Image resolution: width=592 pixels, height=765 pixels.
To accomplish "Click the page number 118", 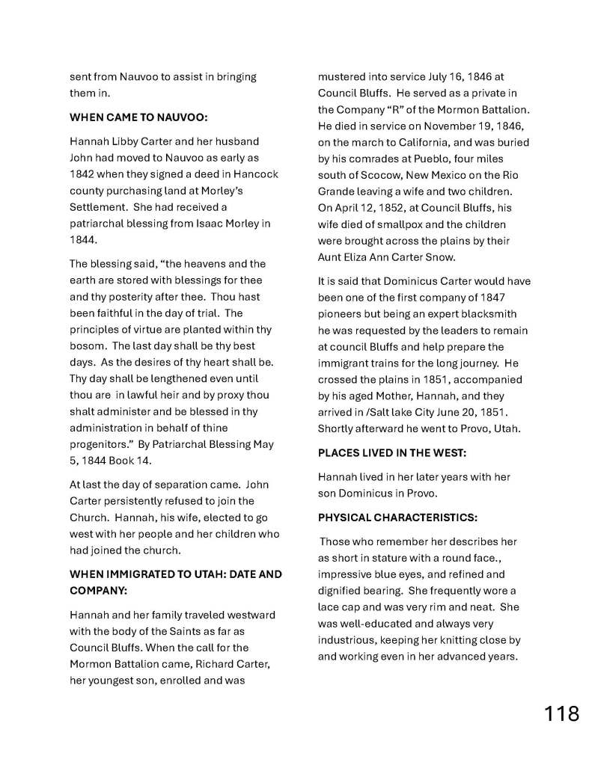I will [x=561, y=713].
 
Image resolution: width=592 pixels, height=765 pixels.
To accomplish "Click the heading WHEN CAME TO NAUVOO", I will [x=138, y=117].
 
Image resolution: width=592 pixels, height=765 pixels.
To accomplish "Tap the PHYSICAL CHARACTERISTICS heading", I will [x=397, y=517].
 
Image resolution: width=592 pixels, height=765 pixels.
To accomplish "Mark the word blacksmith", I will [x=489, y=314].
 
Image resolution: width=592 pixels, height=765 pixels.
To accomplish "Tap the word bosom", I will [x=85, y=346].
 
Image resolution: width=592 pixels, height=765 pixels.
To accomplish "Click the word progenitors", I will [x=102, y=444].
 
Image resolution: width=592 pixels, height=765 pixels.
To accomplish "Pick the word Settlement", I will [x=101, y=207].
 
